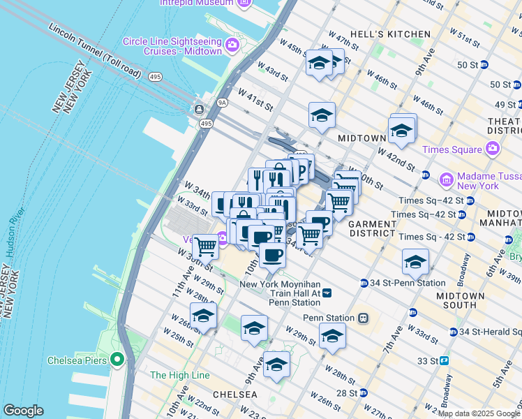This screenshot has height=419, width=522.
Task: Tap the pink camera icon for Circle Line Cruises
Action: point(232,46)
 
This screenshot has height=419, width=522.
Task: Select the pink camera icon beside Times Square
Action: point(493,149)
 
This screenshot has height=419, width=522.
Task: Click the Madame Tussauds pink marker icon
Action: point(446,180)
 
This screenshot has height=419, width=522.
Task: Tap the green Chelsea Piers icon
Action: point(117,360)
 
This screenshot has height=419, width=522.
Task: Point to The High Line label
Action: point(179,375)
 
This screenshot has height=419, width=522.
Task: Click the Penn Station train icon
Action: point(363,318)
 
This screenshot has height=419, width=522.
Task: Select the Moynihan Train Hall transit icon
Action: point(326,293)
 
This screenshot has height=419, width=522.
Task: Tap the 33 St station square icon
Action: point(444,361)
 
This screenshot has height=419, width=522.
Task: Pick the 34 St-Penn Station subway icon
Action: point(364,283)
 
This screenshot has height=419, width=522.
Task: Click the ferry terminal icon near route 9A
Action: point(200,110)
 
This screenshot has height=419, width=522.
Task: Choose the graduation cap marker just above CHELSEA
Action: point(276,365)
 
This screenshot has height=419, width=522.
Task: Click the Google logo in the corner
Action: point(24,410)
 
